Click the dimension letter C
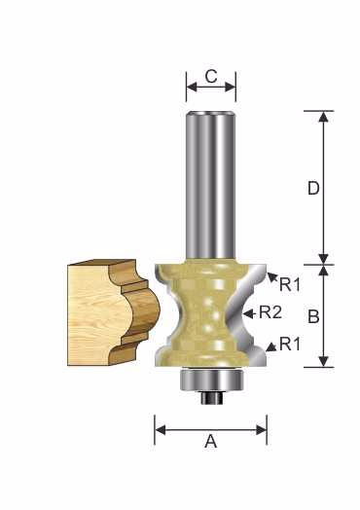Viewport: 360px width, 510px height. point(211,77)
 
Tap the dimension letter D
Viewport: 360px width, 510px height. point(313,188)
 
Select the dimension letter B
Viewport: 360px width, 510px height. point(313,316)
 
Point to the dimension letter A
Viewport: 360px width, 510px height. point(211,442)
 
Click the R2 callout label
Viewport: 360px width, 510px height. point(270,312)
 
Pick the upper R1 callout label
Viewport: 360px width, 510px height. point(290,284)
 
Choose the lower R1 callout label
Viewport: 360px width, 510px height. point(290,345)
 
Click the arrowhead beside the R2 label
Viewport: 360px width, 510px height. point(248,313)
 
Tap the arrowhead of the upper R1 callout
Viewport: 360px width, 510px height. point(272,277)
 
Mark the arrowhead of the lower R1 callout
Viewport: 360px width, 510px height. point(271,347)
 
